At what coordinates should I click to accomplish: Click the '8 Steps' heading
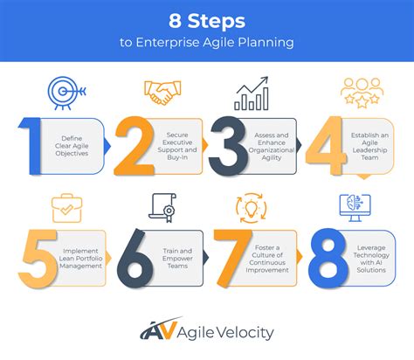pyautogui.click(x=206, y=19)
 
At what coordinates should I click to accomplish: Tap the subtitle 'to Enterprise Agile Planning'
pyautogui.click(x=206, y=41)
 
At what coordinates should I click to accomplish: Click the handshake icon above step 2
pyautogui.click(x=161, y=93)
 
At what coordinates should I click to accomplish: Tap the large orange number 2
pyautogui.click(x=133, y=143)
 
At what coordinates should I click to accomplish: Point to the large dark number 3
pyautogui.click(x=230, y=143)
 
